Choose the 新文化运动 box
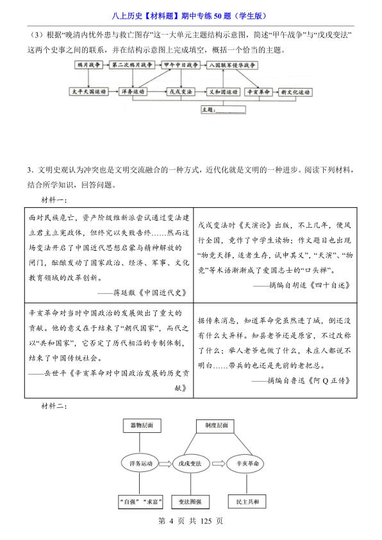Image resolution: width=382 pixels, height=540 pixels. click(294, 92)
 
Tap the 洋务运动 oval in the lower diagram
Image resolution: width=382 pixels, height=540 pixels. click(140, 462)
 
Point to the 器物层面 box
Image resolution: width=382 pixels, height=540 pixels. click(140, 425)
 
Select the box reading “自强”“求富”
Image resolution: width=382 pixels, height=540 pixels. click(140, 500)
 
